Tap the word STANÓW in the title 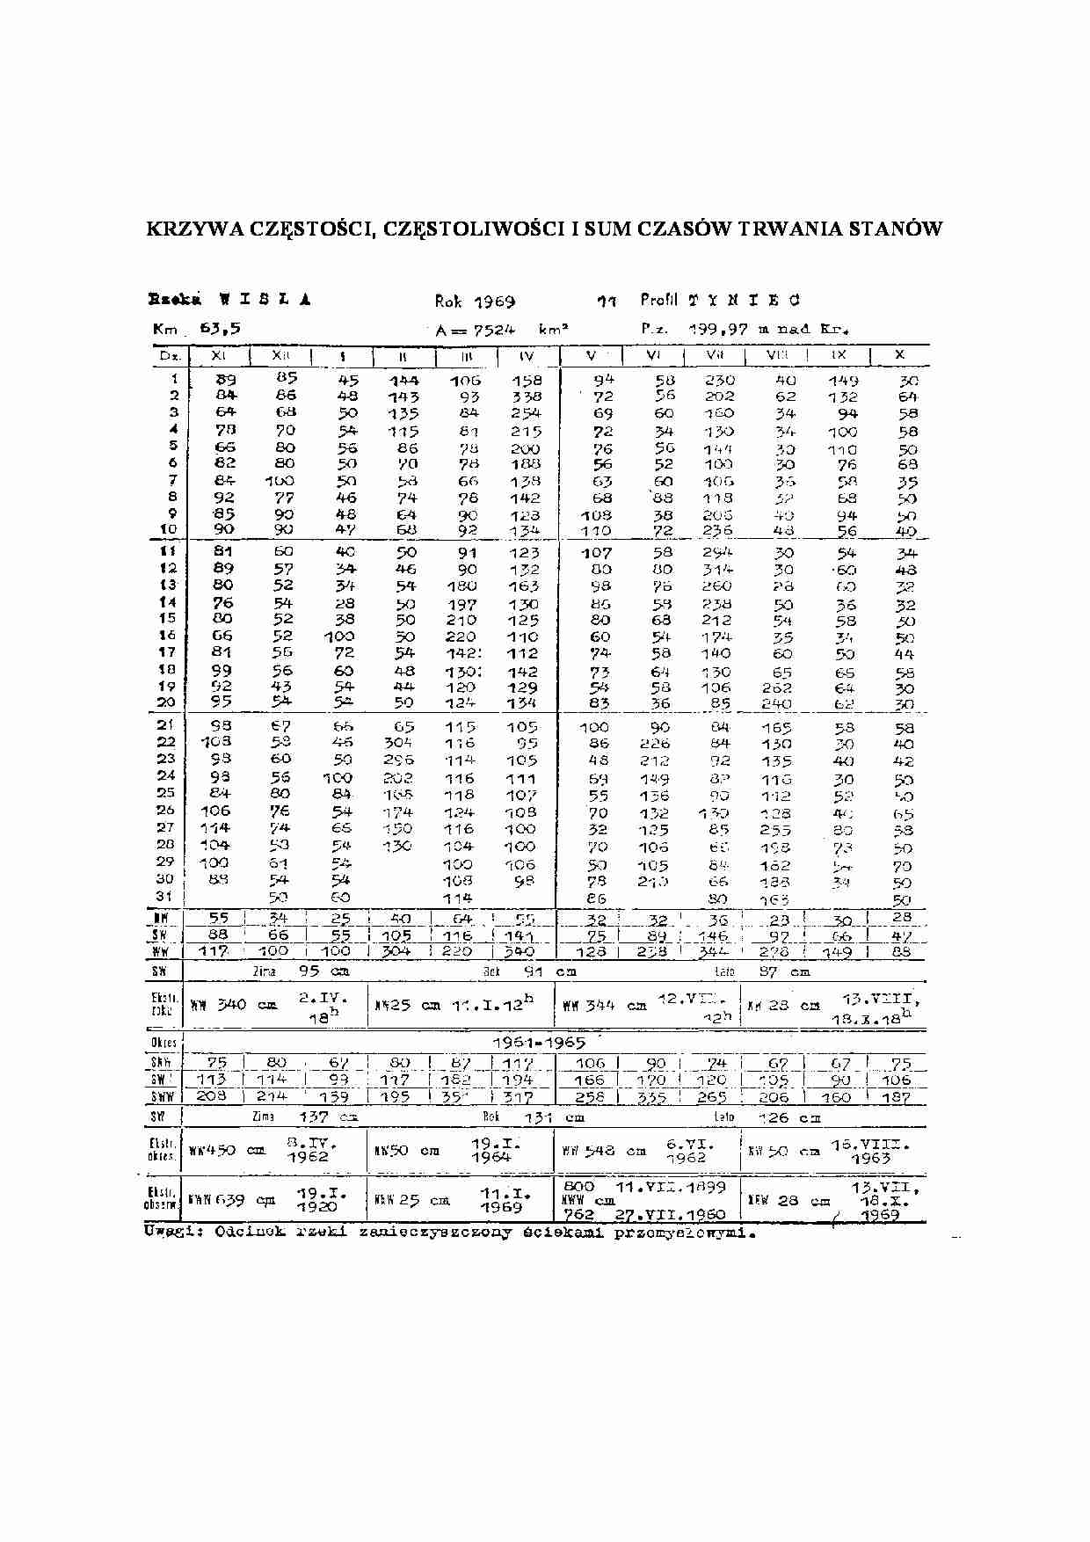895,229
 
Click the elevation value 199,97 717,329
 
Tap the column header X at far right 899,354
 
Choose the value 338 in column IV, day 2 527,397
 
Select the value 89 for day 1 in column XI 226,381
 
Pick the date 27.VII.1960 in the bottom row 676,1215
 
